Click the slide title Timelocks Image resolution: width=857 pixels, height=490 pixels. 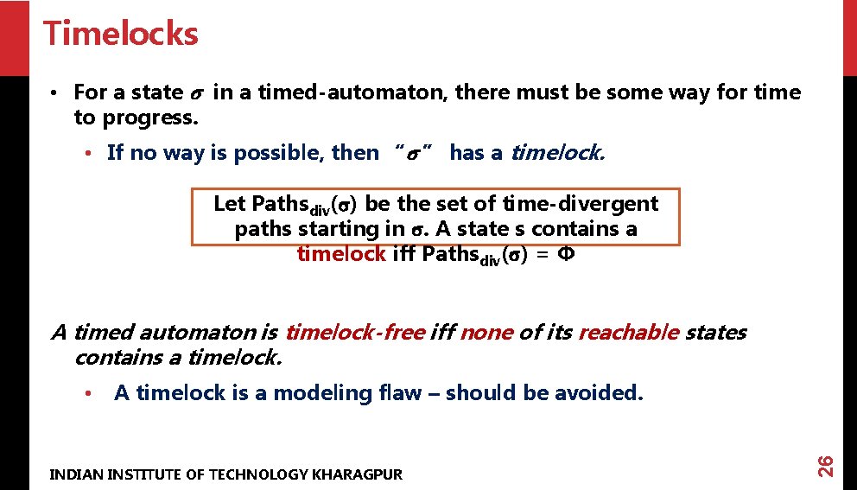(120, 34)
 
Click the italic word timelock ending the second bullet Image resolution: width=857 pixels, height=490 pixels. (557, 153)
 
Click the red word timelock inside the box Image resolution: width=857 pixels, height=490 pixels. (340, 253)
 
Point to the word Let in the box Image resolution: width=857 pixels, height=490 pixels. (230, 204)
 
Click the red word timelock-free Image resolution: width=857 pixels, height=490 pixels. (354, 332)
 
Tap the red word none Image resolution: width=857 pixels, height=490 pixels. (487, 332)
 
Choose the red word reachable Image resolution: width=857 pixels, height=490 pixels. (628, 332)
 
